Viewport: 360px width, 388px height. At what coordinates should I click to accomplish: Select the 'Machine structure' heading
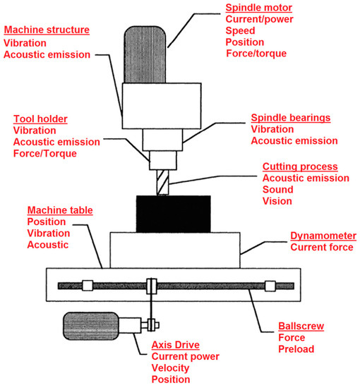47,30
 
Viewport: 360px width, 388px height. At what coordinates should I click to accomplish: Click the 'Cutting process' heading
299,166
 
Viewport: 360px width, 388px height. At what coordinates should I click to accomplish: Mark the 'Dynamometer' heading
323,235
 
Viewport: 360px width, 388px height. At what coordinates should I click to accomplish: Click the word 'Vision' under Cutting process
277,202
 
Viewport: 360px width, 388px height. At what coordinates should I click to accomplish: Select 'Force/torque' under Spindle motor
256,54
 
